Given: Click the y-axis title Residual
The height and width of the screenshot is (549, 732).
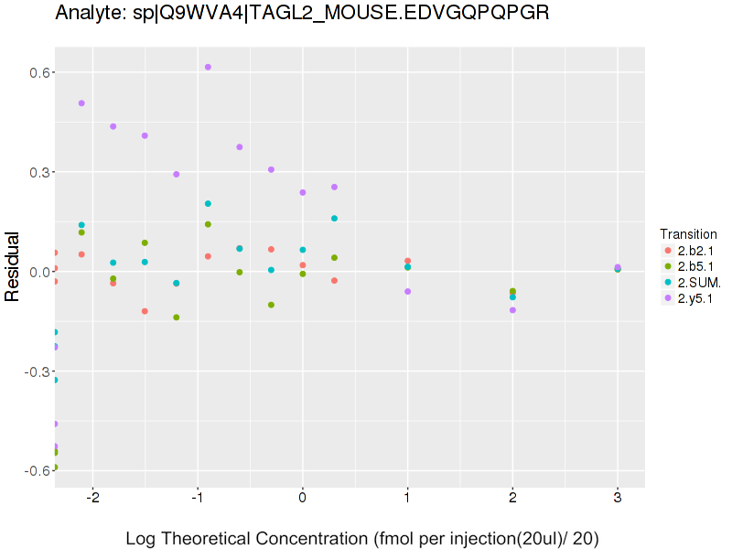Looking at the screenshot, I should click(13, 266).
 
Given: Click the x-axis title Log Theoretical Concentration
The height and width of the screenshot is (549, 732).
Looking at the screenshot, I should click(362, 538).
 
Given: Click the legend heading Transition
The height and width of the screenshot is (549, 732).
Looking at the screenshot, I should click(687, 234).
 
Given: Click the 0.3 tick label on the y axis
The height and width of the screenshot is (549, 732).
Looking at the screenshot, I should click(37, 172).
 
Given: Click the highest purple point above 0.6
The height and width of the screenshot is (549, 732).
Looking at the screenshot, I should click(208, 67).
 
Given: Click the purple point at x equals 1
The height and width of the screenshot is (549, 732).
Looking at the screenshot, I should click(407, 292).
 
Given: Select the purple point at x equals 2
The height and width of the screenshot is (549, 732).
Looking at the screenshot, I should click(512, 310).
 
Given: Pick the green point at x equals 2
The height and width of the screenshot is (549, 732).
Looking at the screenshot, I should click(512, 291).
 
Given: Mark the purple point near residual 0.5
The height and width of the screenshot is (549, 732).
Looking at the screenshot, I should click(81, 103).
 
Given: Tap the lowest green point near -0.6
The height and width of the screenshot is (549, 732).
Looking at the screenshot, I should click(55, 467).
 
